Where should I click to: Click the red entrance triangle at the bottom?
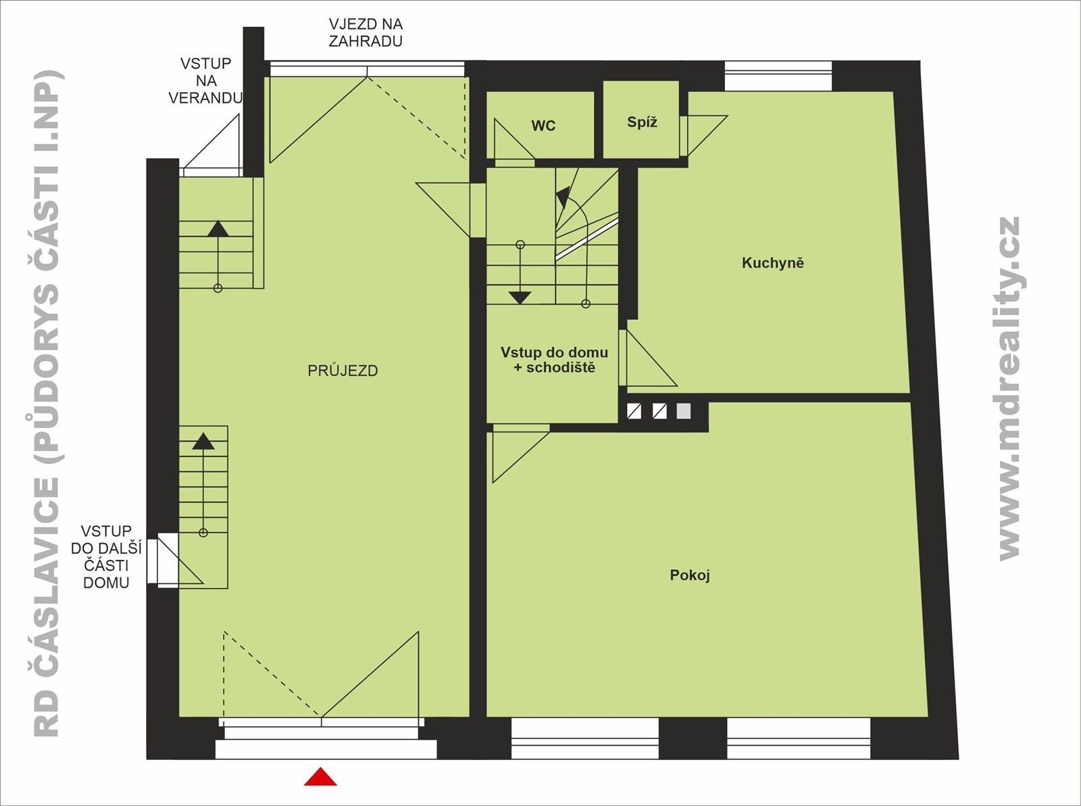coord(320,778)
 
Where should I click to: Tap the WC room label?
coord(543,126)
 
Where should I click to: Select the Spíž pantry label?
coord(642,122)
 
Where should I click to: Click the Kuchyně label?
coord(773,263)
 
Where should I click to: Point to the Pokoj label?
coord(690,575)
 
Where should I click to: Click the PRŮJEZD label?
coord(343,371)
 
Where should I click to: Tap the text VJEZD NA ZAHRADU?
coord(366,32)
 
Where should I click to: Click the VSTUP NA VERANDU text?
coord(205,80)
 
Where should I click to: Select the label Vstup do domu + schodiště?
coord(554,360)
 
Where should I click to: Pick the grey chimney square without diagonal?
coord(684,411)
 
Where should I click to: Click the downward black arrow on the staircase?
coord(520,297)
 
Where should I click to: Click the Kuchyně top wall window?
coord(778,76)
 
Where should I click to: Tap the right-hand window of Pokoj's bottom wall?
coord(799,738)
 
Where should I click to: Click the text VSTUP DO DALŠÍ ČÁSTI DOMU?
coord(106,556)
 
